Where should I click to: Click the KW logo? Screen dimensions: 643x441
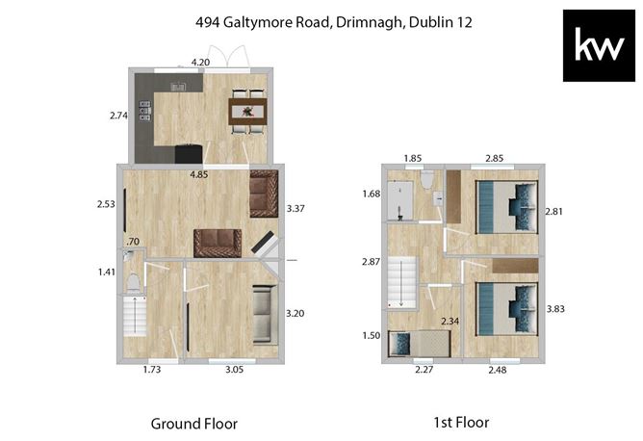pyautogui.click(x=599, y=45)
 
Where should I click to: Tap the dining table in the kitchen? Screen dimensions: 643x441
pyautogui.click(x=247, y=112)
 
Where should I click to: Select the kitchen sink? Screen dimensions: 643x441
pyautogui.click(x=178, y=87)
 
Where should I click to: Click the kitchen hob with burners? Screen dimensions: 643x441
pyautogui.click(x=144, y=111)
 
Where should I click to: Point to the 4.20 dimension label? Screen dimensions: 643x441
pyautogui.click(x=200, y=63)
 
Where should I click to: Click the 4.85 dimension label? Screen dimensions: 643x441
pyautogui.click(x=199, y=174)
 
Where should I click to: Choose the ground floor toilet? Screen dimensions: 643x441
pyautogui.click(x=133, y=283)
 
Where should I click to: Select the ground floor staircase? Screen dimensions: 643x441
pyautogui.click(x=135, y=316)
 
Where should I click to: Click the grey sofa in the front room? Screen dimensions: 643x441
pyautogui.click(x=263, y=314)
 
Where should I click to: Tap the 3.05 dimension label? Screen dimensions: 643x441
pyautogui.click(x=235, y=370)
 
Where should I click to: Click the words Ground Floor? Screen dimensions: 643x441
pyautogui.click(x=194, y=424)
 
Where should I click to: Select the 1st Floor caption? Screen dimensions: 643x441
pyautogui.click(x=461, y=423)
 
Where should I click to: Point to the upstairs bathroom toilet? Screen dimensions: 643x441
pyautogui.click(x=426, y=179)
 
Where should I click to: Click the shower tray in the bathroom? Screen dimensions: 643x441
pyautogui.click(x=400, y=200)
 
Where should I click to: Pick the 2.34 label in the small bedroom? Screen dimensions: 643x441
pyautogui.click(x=450, y=322)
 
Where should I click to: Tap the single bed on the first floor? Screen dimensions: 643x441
pyautogui.click(x=419, y=343)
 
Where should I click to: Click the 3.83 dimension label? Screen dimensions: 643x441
pyautogui.click(x=555, y=309)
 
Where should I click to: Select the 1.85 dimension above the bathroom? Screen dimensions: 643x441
pyautogui.click(x=413, y=158)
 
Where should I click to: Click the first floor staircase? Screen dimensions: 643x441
pyautogui.click(x=401, y=283)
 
